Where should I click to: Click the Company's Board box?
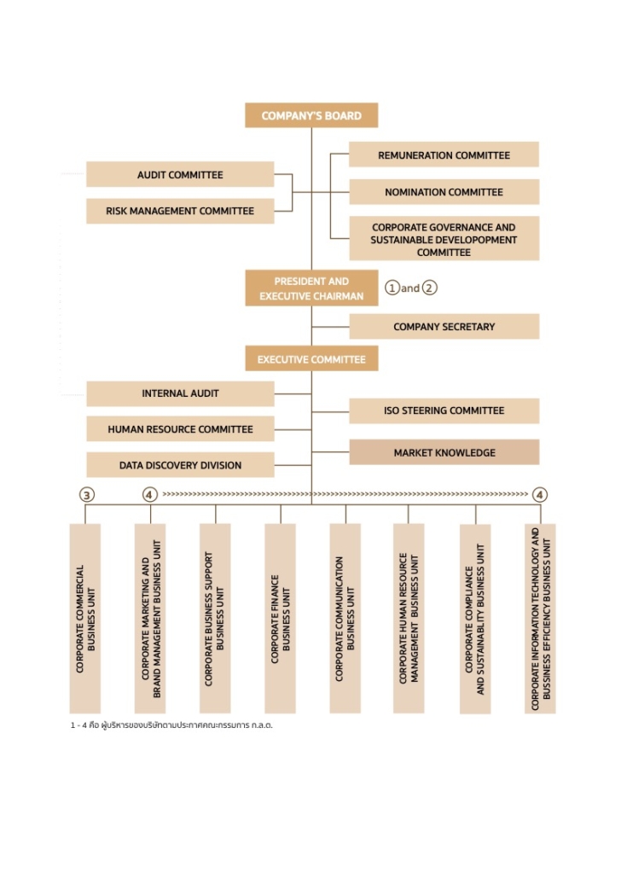pyautogui.click(x=311, y=115)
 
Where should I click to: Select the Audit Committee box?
pyautogui.click(x=180, y=175)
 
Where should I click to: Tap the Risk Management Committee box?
pyautogui.click(x=180, y=211)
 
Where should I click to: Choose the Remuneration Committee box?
pyautogui.click(x=444, y=155)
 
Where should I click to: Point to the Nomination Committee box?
pyautogui.click(x=444, y=192)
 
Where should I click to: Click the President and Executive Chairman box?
pyautogui.click(x=311, y=288)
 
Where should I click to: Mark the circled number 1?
pyautogui.click(x=392, y=288)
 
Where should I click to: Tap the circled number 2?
pyautogui.click(x=429, y=288)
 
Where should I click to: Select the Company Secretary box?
pyautogui.click(x=444, y=327)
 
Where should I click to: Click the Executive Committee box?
pyautogui.click(x=311, y=359)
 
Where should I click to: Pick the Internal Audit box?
pyautogui.click(x=180, y=393)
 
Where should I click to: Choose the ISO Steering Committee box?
pyautogui.click(x=444, y=410)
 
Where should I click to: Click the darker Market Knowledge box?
pyautogui.click(x=444, y=452)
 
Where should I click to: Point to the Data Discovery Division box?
pyautogui.click(x=180, y=465)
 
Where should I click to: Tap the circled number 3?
pyautogui.click(x=86, y=495)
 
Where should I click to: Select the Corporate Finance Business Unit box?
pyautogui.click(x=281, y=619)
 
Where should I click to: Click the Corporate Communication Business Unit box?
pyautogui.click(x=345, y=619)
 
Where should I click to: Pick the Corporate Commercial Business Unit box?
pyautogui.click(x=85, y=619)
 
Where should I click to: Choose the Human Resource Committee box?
pyautogui.click(x=180, y=429)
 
